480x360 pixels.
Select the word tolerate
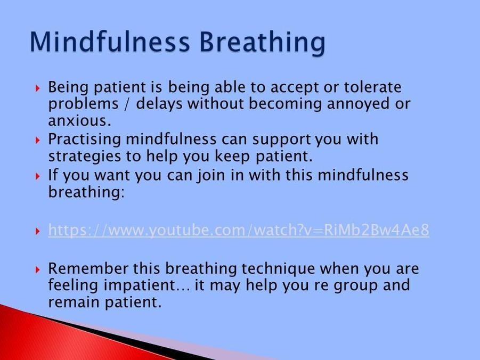(x=372, y=87)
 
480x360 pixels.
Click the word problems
(x=83, y=104)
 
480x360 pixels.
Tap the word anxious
(x=79, y=120)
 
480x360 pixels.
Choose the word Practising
(x=85, y=140)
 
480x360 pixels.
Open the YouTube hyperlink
(x=239, y=230)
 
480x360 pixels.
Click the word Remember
(x=88, y=268)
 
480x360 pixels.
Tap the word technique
(x=278, y=269)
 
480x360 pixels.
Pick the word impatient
(x=139, y=285)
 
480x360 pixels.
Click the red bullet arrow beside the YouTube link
(x=38, y=231)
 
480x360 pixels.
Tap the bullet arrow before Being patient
(x=38, y=89)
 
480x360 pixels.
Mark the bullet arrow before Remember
(x=38, y=269)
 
